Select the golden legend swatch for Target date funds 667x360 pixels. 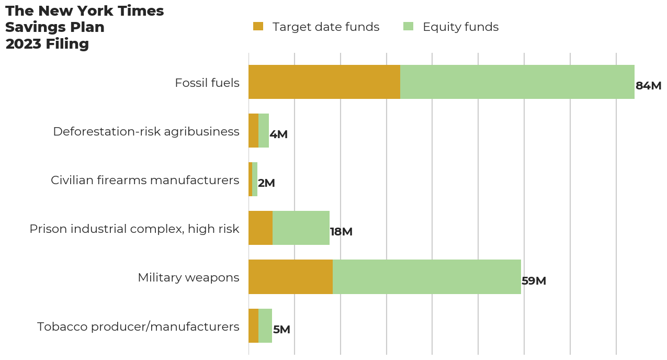[258, 26]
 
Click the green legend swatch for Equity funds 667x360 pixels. [408, 26]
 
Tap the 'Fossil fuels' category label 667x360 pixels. [207, 83]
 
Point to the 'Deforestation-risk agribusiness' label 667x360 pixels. [146, 131]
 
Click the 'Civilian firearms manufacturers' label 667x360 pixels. [145, 180]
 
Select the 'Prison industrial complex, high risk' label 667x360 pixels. [134, 229]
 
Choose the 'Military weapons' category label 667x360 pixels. [188, 277]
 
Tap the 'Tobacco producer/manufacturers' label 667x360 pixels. [138, 327]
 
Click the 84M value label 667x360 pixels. [648, 86]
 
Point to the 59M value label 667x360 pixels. [534, 281]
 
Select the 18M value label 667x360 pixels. [341, 232]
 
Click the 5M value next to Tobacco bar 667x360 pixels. [281, 330]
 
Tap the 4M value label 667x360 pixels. [278, 134]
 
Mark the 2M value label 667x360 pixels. [266, 183]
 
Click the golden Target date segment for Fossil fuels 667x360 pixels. [324, 82]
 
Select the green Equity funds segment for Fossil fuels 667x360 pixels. [517, 82]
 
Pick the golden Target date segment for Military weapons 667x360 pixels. [290, 277]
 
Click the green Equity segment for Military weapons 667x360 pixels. [426, 277]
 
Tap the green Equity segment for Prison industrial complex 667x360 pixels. [301, 228]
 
